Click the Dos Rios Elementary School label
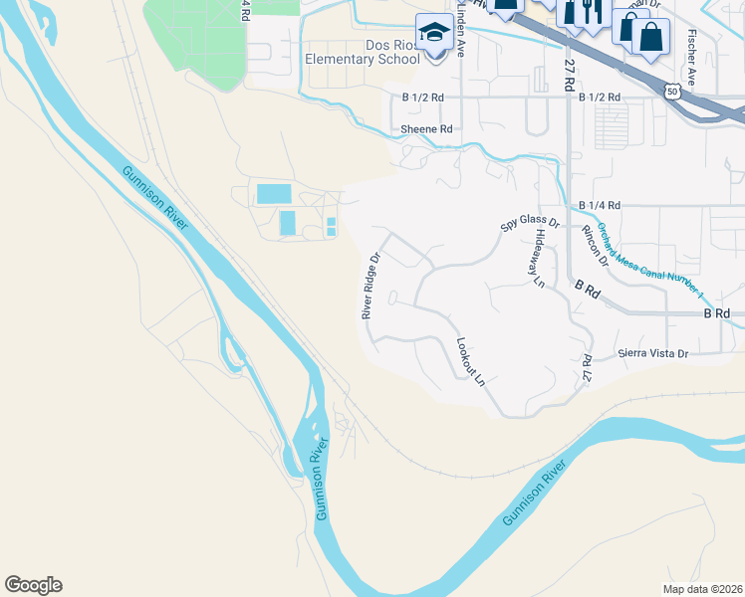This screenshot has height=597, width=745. click(x=363, y=52)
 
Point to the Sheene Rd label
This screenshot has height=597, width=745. click(x=426, y=129)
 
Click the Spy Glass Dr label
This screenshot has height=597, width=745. click(x=529, y=223)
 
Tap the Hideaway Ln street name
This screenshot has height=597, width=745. click(x=539, y=258)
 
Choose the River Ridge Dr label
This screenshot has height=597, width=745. click(x=370, y=285)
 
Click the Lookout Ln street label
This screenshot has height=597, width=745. click(x=470, y=362)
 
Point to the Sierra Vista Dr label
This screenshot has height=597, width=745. click(x=652, y=353)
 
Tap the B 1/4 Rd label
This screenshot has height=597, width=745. click(x=600, y=205)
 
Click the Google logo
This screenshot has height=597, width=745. click(x=33, y=585)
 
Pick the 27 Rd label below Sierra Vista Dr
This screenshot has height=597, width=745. click(x=586, y=369)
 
